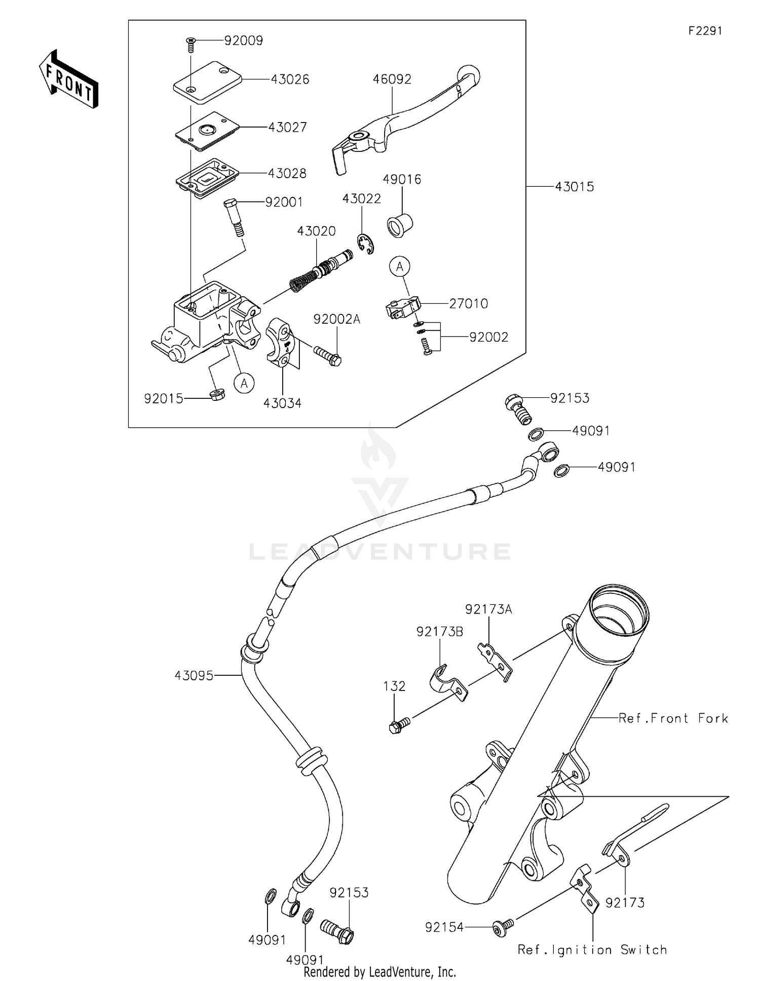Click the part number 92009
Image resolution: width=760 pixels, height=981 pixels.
tap(244, 40)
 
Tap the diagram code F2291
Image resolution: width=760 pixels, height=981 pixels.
tap(705, 31)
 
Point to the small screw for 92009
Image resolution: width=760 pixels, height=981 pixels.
tap(191, 44)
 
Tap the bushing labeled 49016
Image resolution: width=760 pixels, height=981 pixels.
tap(400, 225)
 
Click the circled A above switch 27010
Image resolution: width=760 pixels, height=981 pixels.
tap(400, 266)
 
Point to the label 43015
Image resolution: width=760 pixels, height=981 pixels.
tap(574, 187)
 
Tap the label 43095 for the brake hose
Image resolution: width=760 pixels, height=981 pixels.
tap(194, 675)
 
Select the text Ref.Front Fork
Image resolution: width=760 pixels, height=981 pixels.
tap(673, 718)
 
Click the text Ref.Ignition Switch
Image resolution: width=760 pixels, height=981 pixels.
tap(592, 950)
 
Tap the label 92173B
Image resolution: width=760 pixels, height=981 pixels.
tap(439, 631)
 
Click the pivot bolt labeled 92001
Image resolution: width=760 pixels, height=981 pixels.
tap(233, 217)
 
